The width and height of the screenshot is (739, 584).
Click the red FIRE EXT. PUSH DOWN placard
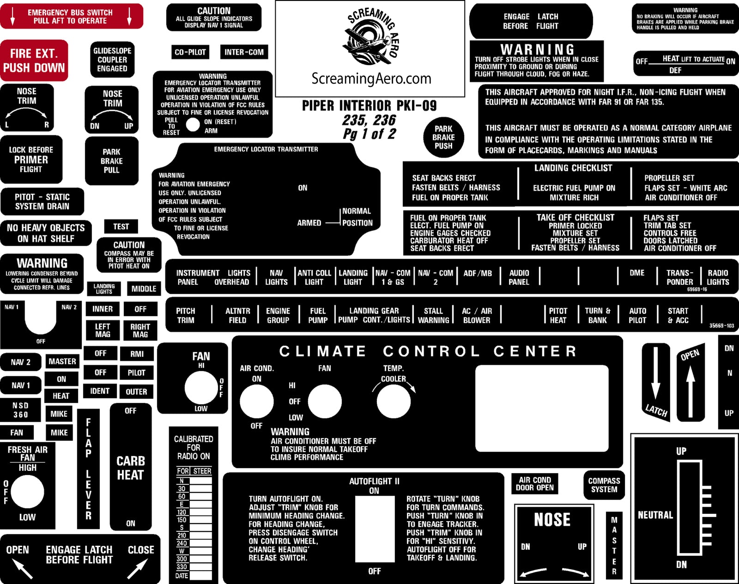pos(34,60)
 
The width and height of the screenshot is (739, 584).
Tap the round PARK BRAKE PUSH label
pos(443,138)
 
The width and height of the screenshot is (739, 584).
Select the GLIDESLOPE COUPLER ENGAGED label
pos(112,60)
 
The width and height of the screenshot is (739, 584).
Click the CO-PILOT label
pos(190,52)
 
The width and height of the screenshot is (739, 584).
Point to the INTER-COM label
pos(244,52)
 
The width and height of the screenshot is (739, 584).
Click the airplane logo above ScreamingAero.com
pos(367,39)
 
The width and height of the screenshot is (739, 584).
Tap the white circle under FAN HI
pos(201,388)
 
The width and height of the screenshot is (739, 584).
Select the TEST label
pos(121,227)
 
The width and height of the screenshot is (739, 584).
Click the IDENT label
pos(100,391)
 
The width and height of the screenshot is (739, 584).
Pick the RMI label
pos(137,354)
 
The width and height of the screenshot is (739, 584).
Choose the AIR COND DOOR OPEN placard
pos(534,484)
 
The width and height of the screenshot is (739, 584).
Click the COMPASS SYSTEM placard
pos(604,485)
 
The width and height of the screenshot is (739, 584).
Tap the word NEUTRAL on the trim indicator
pos(655,515)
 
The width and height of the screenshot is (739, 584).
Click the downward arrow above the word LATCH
pos(655,374)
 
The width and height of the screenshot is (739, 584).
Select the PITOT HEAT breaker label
pos(558,316)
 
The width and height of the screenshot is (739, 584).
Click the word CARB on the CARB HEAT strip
pos(131,461)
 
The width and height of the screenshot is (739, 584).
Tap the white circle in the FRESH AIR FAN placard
pos(27,492)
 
